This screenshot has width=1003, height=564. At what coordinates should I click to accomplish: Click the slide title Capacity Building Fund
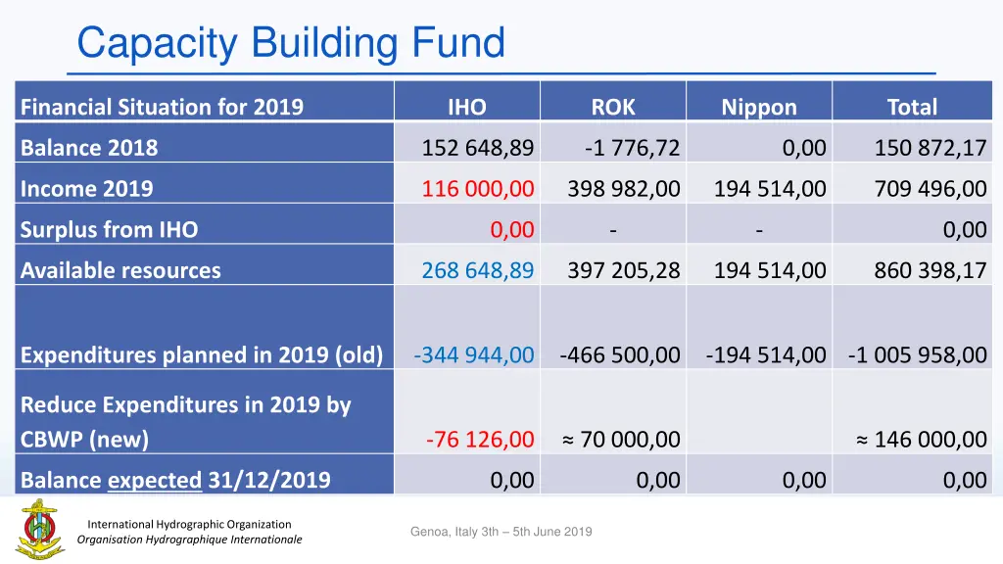pyautogui.click(x=291, y=43)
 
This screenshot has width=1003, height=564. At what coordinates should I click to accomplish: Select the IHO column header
pyautogui.click(x=466, y=107)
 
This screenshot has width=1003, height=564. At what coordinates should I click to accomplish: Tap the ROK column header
pyautogui.click(x=613, y=107)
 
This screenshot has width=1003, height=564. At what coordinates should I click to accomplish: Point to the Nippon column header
pyautogui.click(x=759, y=108)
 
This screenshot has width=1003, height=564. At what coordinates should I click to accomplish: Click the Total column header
pyautogui.click(x=912, y=107)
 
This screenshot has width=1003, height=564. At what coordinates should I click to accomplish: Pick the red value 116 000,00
pyautogui.click(x=478, y=189)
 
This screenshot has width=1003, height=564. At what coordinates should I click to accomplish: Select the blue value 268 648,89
pyautogui.click(x=478, y=270)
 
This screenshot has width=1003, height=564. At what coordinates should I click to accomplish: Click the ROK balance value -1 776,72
pyautogui.click(x=632, y=148)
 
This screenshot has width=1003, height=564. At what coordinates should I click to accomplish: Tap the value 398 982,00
pyautogui.click(x=624, y=189)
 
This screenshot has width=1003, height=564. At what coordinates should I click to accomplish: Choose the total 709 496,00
pyautogui.click(x=931, y=189)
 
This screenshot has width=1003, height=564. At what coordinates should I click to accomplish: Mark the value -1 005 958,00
pyautogui.click(x=918, y=354)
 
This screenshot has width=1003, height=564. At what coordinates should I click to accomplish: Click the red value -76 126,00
pyautogui.click(x=480, y=440)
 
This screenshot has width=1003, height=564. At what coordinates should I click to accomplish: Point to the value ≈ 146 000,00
pyautogui.click(x=922, y=440)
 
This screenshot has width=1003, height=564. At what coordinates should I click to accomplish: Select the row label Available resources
pyautogui.click(x=120, y=270)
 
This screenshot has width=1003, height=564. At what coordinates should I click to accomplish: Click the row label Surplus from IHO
pyautogui.click(x=109, y=230)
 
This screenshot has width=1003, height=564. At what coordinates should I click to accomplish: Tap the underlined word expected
pyautogui.click(x=155, y=480)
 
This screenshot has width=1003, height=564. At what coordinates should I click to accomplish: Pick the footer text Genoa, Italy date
pyautogui.click(x=501, y=532)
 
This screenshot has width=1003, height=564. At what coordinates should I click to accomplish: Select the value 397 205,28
pyautogui.click(x=624, y=270)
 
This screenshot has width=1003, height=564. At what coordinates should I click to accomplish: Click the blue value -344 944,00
pyautogui.click(x=474, y=354)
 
